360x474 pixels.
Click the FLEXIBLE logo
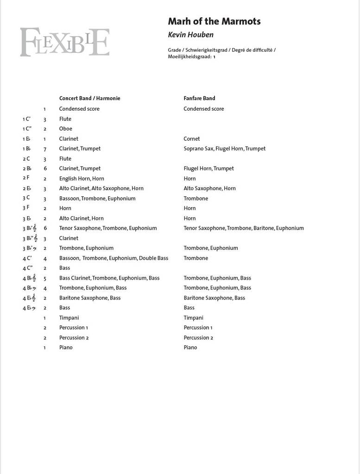pyautogui.click(x=64, y=42)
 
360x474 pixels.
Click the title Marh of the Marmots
pyautogui.click(x=214, y=21)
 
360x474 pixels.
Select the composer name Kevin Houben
pyautogui.click(x=190, y=35)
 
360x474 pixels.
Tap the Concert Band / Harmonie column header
pyautogui.click(x=89, y=98)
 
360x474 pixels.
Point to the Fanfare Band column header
pyautogui.click(x=199, y=98)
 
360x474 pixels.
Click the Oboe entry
pyautogui.click(x=65, y=129)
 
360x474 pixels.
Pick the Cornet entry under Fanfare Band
pyautogui.click(x=191, y=139)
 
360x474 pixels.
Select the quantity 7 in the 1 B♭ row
pyautogui.click(x=45, y=149)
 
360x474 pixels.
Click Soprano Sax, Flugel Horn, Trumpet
pyautogui.click(x=224, y=149)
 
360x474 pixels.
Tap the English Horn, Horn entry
pyautogui.click(x=82, y=179)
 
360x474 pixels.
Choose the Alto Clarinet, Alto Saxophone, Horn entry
pyautogui.click(x=101, y=188)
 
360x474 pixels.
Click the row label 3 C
pyautogui.click(x=26, y=198)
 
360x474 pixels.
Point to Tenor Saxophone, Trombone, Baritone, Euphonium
pyautogui.click(x=243, y=228)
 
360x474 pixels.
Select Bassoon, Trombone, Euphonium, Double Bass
pyautogui.click(x=114, y=258)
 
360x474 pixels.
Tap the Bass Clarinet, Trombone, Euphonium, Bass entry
pyautogui.click(x=109, y=278)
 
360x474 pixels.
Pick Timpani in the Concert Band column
pyautogui.click(x=69, y=318)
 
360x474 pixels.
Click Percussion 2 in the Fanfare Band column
pyautogui.click(x=198, y=338)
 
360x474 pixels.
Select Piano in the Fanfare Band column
pyautogui.click(x=190, y=348)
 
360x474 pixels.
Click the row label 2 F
pyautogui.click(x=26, y=178)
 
